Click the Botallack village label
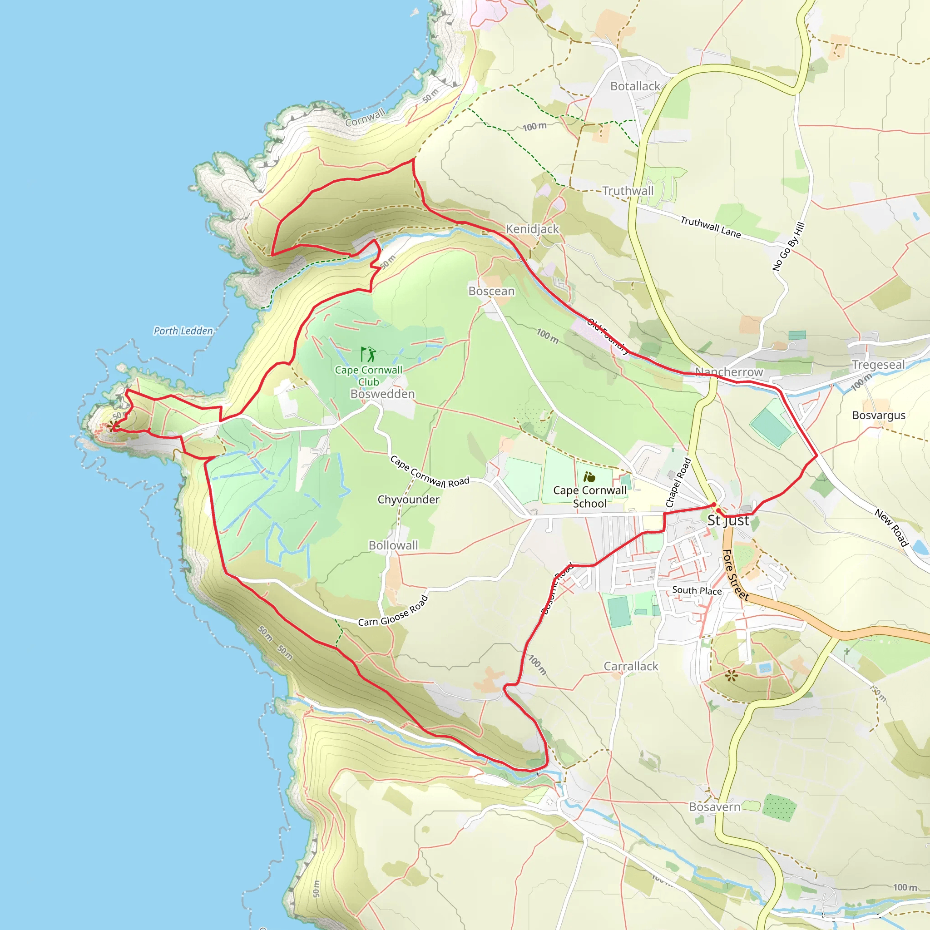pyautogui.click(x=635, y=86)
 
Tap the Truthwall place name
pyautogui.click(x=628, y=191)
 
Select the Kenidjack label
pyautogui.click(x=532, y=229)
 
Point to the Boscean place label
pyautogui.click(x=491, y=291)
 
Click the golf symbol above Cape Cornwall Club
pyautogui.click(x=368, y=355)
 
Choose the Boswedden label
pyautogui.click(x=383, y=394)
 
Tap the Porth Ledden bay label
pyautogui.click(x=183, y=331)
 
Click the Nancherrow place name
pyautogui.click(x=729, y=372)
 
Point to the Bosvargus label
pyautogui.click(x=879, y=415)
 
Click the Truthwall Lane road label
pyautogui.click(x=710, y=227)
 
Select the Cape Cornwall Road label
pyautogui.click(x=430, y=472)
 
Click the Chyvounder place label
pyautogui.click(x=408, y=500)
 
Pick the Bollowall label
pyautogui.click(x=393, y=545)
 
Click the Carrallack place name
pyautogui.click(x=631, y=666)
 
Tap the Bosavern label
pyautogui.click(x=714, y=807)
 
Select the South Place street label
pyautogui.click(x=697, y=591)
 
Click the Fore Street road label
pyautogui.click(x=735, y=575)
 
